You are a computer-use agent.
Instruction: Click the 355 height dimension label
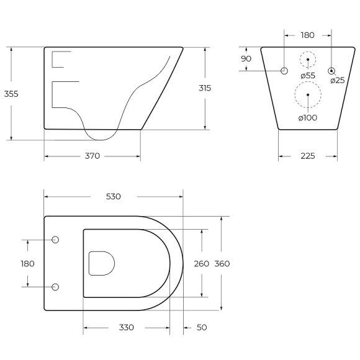[x=11, y=94]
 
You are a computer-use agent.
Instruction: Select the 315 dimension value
[x=205, y=88]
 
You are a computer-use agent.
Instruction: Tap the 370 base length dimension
[x=92, y=156]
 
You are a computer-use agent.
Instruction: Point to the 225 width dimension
[x=308, y=156]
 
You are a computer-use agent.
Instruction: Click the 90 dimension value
[x=246, y=59]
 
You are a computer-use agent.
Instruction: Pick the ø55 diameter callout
[x=308, y=76]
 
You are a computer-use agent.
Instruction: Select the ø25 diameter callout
[x=338, y=80]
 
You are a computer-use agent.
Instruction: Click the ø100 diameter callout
[x=308, y=118]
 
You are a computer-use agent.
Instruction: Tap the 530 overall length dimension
[x=114, y=197]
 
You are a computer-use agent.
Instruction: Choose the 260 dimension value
[x=201, y=264]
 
